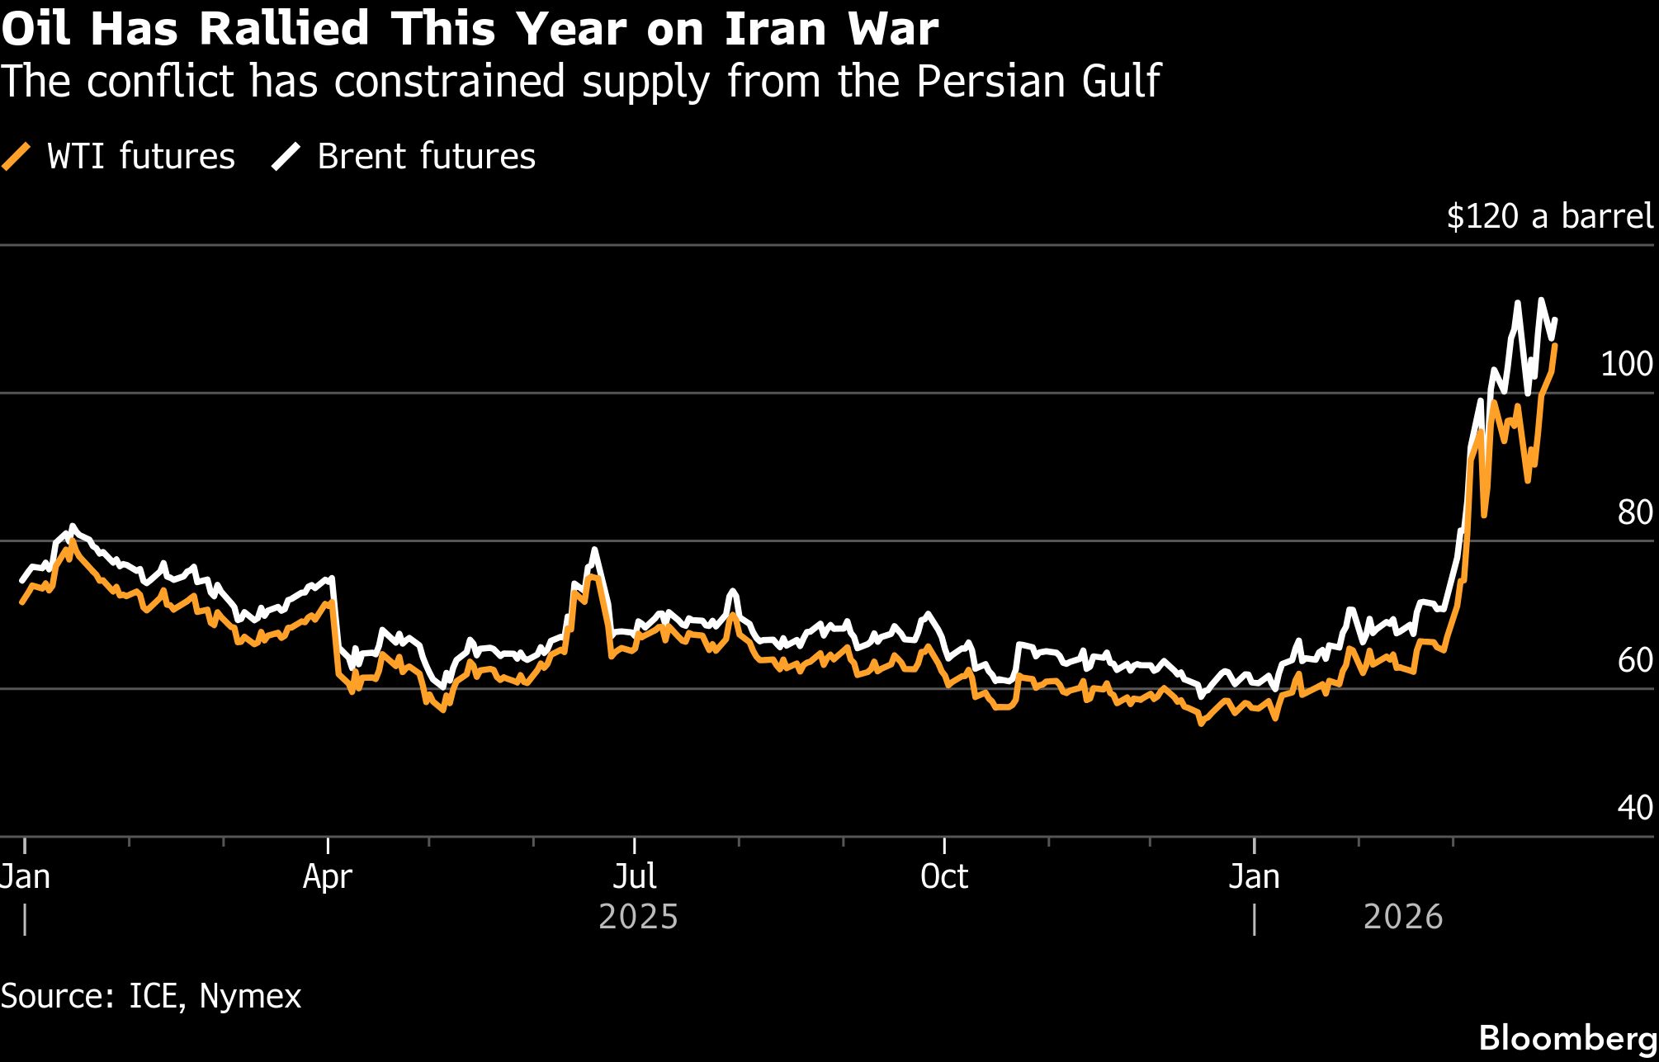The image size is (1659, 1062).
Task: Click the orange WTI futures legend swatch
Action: coord(17,156)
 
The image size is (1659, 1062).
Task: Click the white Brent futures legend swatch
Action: coord(286,156)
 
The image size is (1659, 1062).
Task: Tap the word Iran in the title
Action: coord(775,29)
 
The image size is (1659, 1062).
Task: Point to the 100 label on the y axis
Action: coord(1626,364)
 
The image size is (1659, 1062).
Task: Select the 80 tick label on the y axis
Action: coord(1634,512)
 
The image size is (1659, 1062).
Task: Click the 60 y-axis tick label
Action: coord(1634,660)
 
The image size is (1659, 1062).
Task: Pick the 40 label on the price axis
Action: coord(1634,808)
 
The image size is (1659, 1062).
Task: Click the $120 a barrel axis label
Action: coord(1549,216)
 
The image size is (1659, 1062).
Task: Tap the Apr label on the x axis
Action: coord(328,876)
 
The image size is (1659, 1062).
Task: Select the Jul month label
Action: coord(635,876)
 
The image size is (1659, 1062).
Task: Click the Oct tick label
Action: coord(944,876)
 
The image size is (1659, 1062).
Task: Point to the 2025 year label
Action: coord(638,917)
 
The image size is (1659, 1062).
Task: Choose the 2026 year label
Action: coord(1402,917)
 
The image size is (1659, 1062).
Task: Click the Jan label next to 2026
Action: coord(1254,876)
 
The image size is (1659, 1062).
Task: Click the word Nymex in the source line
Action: coord(250,996)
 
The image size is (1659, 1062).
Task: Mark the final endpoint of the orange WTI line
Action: coord(1555,346)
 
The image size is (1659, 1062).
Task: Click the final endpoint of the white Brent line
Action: coord(1555,319)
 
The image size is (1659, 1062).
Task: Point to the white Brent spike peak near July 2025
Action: coord(594,550)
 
